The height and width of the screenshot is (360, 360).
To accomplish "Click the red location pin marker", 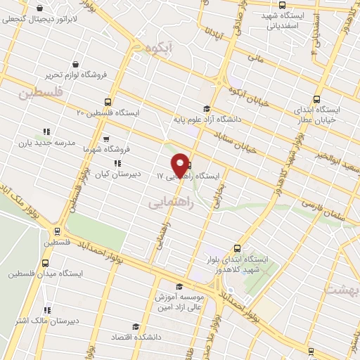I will pos(181,165).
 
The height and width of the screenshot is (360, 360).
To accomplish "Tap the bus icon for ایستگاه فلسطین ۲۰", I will pos(107,101).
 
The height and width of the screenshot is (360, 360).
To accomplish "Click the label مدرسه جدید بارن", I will pos(48,143).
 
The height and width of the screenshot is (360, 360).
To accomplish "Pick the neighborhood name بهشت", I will pos(345,290).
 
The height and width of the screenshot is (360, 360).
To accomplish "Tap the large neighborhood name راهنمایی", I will pos(168,202).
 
